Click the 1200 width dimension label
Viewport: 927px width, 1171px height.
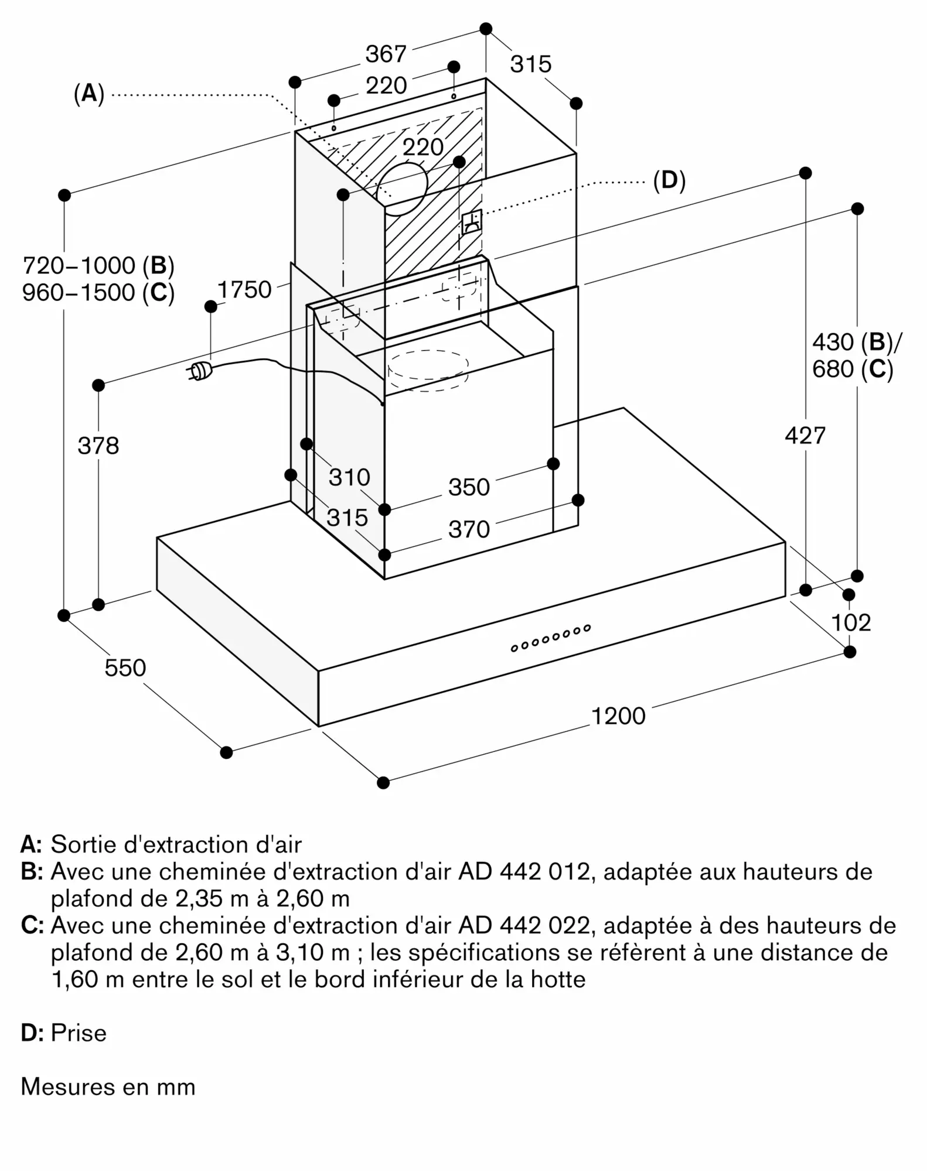click(x=618, y=716)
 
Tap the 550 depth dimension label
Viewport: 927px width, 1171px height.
click(x=125, y=667)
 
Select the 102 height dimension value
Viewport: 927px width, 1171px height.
click(x=851, y=622)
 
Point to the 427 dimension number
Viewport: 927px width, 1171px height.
click(x=805, y=436)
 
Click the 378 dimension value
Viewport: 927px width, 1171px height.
click(x=98, y=446)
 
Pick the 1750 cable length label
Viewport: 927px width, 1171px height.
click(x=244, y=290)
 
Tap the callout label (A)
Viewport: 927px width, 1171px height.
click(x=89, y=93)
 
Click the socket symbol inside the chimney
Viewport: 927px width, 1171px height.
click(x=472, y=222)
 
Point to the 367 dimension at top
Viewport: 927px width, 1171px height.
click(x=386, y=54)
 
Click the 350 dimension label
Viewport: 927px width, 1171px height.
click(x=469, y=487)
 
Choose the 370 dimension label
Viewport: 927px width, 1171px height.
click(x=469, y=529)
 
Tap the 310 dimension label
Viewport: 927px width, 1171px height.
click(x=349, y=477)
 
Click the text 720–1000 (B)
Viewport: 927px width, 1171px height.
click(x=98, y=266)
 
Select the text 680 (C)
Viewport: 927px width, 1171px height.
click(x=853, y=369)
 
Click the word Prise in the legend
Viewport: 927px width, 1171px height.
click(x=79, y=1033)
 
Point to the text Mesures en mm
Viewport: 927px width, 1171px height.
click(x=108, y=1087)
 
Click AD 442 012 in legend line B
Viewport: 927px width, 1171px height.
click(x=524, y=872)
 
